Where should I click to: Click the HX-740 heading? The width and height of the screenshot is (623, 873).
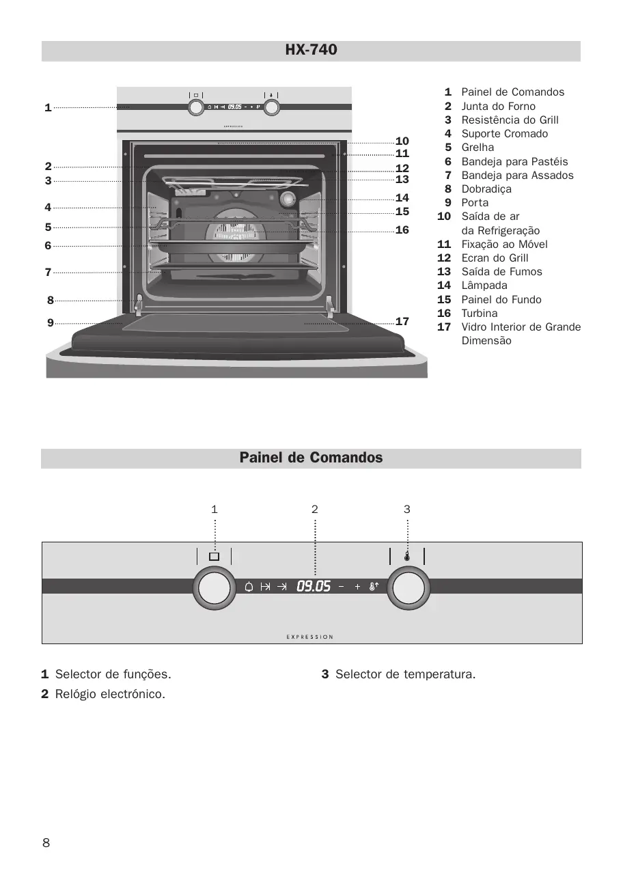pos(311,50)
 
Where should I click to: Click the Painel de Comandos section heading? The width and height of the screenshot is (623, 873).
pos(311,458)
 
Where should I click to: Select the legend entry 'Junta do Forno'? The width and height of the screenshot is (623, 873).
pos(498,106)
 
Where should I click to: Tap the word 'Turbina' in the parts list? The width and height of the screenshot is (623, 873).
pos(480,313)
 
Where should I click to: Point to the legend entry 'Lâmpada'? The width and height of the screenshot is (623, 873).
pos(484,286)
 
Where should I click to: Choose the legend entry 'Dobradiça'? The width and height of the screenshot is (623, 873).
pos(486,189)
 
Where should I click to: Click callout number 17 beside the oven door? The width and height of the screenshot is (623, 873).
pos(402,321)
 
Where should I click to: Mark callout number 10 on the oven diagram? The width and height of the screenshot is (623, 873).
pos(402,141)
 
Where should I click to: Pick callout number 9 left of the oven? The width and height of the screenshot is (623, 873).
pos(51,322)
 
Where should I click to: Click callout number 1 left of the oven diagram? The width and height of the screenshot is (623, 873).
pos(48,107)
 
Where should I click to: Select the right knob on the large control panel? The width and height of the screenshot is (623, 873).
pos(408,590)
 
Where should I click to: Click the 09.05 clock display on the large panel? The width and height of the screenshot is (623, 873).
pos(314,586)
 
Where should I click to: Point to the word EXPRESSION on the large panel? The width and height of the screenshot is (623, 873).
pos(310,637)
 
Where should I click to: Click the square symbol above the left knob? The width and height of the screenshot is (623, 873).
pos(214,556)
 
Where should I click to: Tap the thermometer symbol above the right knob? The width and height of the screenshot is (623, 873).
pos(407,556)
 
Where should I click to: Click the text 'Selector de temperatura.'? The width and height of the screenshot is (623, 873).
pos(405,674)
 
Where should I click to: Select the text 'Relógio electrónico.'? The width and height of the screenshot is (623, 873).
pos(110,694)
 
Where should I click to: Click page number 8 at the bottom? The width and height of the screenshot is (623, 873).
pos(46,842)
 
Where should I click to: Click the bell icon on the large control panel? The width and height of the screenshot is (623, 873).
pos(249,586)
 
